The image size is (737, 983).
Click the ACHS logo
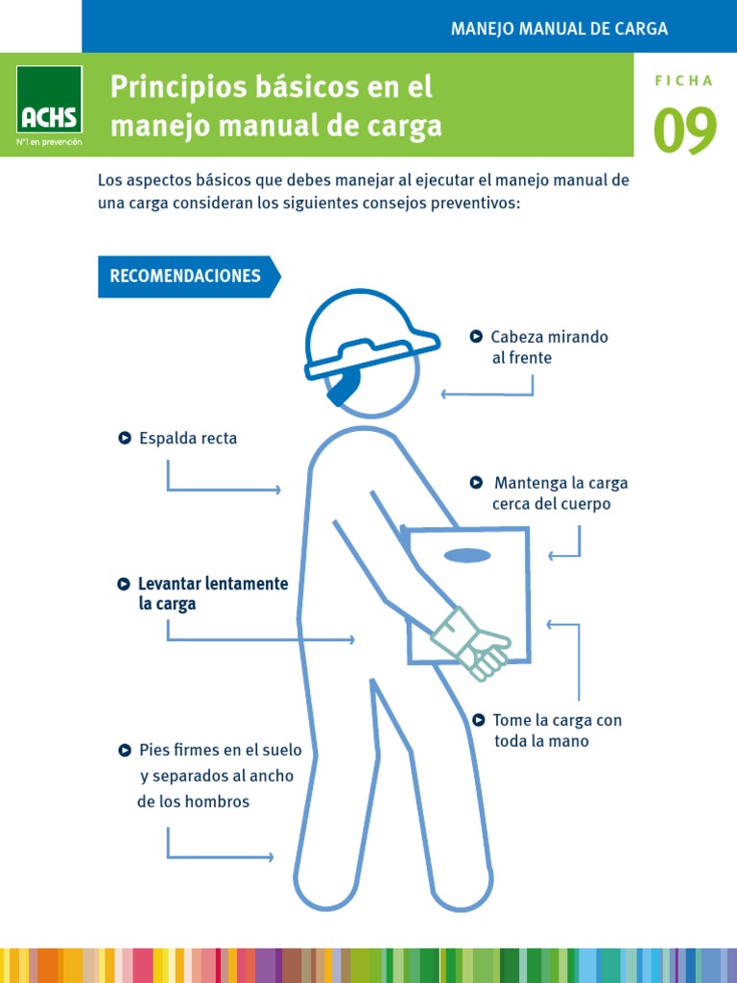pyautogui.click(x=49, y=106)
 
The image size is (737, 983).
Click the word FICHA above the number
pyautogui.click(x=684, y=81)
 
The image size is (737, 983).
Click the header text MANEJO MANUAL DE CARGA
pyautogui.click(x=559, y=29)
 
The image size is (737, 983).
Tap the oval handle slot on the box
pyautogui.click(x=467, y=555)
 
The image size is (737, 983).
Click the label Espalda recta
pyautogui.click(x=188, y=439)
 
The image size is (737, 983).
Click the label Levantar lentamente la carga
pyautogui.click(x=212, y=594)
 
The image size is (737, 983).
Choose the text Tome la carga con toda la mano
pyautogui.click(x=557, y=731)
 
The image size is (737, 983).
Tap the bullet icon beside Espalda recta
pyautogui.click(x=125, y=439)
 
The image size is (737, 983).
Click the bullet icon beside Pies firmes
pyautogui.click(x=125, y=750)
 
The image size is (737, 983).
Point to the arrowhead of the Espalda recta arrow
pyautogui.click(x=278, y=491)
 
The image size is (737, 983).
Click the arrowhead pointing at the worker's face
pyautogui.click(x=444, y=394)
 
